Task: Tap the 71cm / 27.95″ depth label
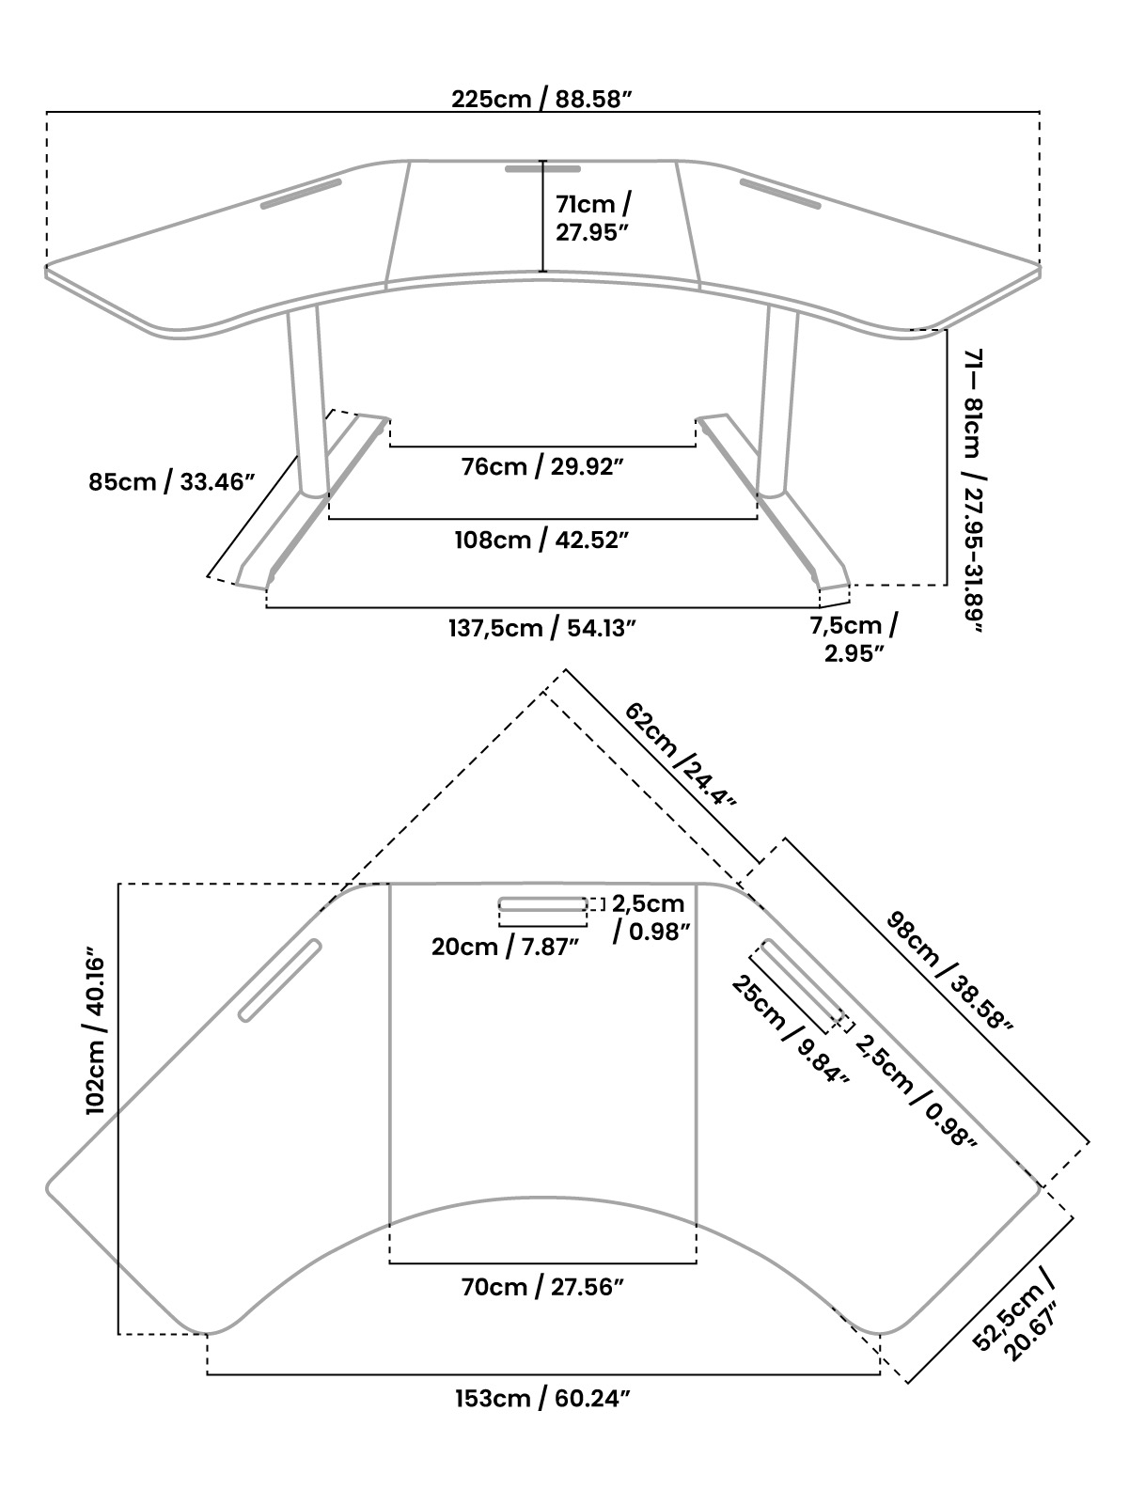pyautogui.click(x=592, y=218)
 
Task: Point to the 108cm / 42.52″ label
pyautogui.click(x=542, y=540)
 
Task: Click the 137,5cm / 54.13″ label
pyautogui.click(x=542, y=628)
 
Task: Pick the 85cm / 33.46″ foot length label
pyautogui.click(x=172, y=482)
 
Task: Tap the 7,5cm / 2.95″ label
pyautogui.click(x=854, y=638)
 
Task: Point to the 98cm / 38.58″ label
pyautogui.click(x=949, y=971)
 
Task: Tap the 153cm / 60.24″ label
pyautogui.click(x=542, y=1398)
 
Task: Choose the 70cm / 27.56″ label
pyautogui.click(x=542, y=1287)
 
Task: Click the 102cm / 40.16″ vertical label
pyautogui.click(x=97, y=1030)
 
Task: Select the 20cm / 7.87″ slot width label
pyautogui.click(x=505, y=946)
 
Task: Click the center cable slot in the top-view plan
pyautogui.click(x=542, y=904)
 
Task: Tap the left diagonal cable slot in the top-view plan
pyautogui.click(x=279, y=980)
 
